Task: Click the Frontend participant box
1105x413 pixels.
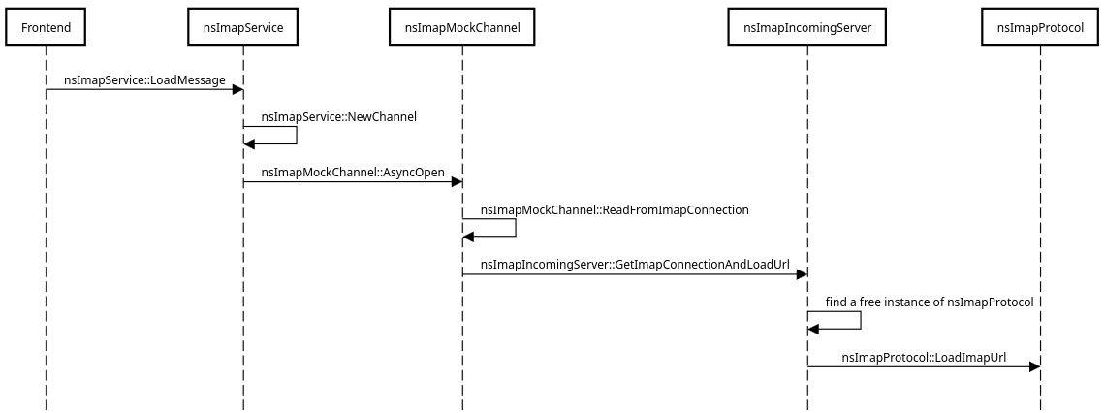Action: (x=46, y=28)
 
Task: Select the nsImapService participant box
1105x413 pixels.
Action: (x=243, y=28)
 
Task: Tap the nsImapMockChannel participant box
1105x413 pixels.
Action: (x=462, y=28)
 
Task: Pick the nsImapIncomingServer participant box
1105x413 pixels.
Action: (x=807, y=28)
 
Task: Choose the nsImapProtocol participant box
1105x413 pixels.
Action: (x=1040, y=28)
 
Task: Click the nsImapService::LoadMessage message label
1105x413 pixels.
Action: (x=144, y=79)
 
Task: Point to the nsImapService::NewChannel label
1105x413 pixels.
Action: (x=338, y=117)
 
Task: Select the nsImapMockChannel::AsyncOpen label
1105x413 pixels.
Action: (x=353, y=173)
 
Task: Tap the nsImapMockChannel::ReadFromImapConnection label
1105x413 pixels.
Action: (x=615, y=209)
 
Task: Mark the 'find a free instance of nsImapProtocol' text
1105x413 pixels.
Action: (x=929, y=302)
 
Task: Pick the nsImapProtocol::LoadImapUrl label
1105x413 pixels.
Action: (x=924, y=357)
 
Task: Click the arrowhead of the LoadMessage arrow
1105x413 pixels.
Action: (x=237, y=90)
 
